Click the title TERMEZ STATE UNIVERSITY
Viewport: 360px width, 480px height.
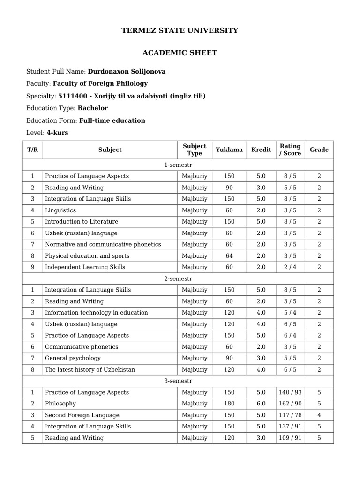pos(180,31)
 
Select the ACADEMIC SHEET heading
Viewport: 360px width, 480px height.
pos(180,53)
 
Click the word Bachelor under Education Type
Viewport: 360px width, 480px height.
pos(93,108)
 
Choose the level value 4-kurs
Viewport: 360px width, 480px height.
pos(57,133)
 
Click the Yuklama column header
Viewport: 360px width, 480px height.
pos(229,150)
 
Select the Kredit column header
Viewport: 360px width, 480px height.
pos(261,150)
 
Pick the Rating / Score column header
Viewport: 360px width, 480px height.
pos(290,150)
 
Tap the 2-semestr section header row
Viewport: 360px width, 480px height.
pos(178,279)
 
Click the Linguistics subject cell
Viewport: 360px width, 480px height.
pos(60,210)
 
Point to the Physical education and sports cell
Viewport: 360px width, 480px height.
pos(87,256)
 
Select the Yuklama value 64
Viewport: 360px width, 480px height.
pos(229,256)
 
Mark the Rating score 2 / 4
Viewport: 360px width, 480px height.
pos(290,267)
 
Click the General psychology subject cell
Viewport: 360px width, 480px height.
pos(73,358)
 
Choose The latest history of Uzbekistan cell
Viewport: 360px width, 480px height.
pos(90,370)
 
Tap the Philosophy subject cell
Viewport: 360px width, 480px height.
pos(60,404)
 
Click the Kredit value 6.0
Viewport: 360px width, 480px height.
pos(261,404)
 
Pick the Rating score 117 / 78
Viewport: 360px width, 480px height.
pos(290,415)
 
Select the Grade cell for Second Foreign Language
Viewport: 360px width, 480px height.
pos(319,415)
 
